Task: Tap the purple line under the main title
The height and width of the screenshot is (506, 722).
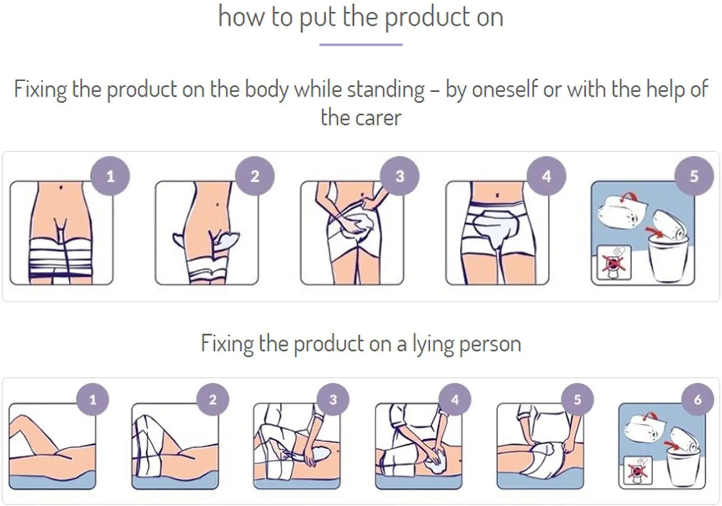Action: tap(361, 45)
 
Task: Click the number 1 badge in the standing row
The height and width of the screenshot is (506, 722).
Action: tap(110, 176)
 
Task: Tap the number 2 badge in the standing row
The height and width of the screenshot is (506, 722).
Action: tap(255, 176)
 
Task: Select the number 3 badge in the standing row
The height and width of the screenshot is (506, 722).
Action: tap(400, 176)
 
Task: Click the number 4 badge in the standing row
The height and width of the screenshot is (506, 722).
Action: tap(546, 176)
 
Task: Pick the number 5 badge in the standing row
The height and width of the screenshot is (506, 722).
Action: tap(694, 176)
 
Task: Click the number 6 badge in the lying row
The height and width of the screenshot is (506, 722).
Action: tap(698, 399)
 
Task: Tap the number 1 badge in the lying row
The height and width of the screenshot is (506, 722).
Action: tap(93, 399)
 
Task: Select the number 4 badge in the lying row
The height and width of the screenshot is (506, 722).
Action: tap(455, 399)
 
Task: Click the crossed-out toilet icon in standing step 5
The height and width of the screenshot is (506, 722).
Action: tap(614, 262)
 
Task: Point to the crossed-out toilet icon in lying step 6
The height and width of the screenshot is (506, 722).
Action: tap(638, 470)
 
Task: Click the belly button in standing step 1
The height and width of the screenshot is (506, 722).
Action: tap(61, 187)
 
